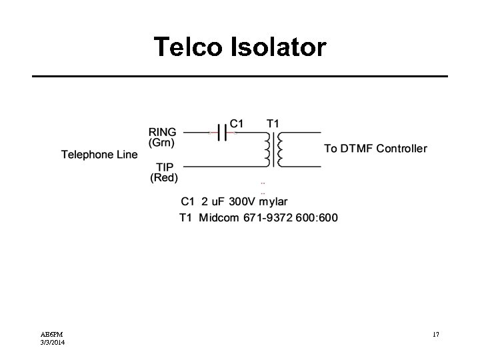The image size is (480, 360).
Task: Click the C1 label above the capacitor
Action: pyautogui.click(x=237, y=123)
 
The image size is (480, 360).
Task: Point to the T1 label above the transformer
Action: pyautogui.click(x=273, y=123)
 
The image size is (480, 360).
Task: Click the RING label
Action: pyautogui.click(x=163, y=132)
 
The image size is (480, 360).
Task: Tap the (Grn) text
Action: pyautogui.click(x=162, y=142)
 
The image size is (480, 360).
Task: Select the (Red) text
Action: pyautogui.click(x=164, y=177)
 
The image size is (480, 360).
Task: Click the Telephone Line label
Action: pyautogui.click(x=99, y=155)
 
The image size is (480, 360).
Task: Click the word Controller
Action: pyautogui.click(x=402, y=148)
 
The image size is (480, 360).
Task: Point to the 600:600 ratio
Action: pyautogui.click(x=318, y=217)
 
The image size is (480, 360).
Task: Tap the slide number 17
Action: pyautogui.click(x=435, y=334)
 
